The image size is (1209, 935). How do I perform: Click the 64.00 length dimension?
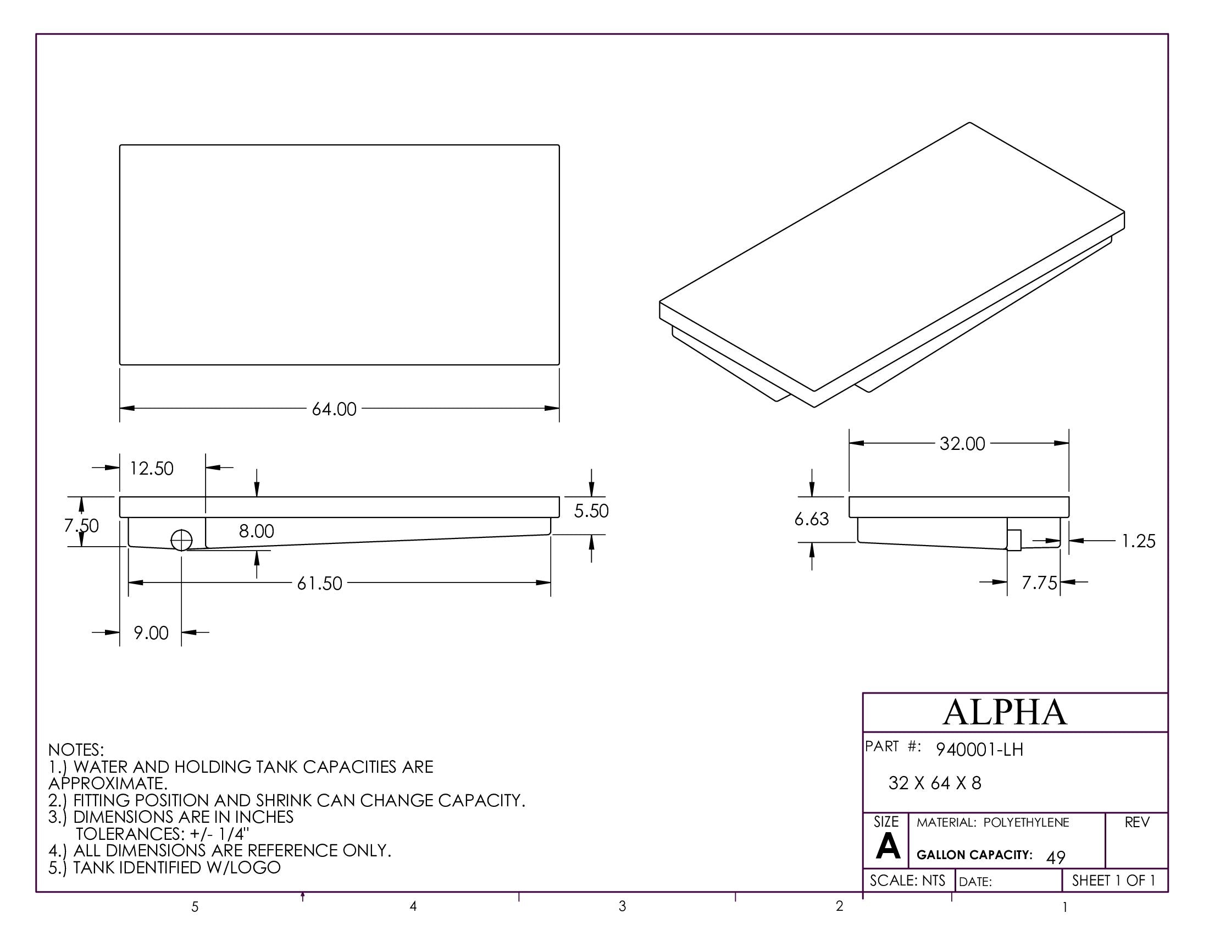334,409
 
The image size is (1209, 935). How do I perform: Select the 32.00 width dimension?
962,444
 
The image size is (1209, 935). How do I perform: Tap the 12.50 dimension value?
151,469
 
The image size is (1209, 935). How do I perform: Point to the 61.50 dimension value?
319,583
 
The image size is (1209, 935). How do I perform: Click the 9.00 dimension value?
151,632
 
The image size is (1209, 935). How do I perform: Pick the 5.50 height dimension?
591,511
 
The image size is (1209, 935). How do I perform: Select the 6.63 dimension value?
812,519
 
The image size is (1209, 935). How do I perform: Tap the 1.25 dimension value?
1138,541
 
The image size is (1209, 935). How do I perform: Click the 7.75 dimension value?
1039,582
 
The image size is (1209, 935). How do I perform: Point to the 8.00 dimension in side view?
256,531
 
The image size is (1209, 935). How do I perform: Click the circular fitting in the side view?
181,540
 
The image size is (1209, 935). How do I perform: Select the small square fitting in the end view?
1013,540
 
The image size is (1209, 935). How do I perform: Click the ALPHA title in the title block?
1004,712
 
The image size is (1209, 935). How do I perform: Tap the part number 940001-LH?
979,750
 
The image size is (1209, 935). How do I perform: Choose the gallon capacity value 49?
1056,857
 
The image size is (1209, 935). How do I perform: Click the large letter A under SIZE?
888,847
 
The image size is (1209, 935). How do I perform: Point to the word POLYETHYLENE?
1026,823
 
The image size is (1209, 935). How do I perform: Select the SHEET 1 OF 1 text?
1113,880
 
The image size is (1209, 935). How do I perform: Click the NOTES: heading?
76,750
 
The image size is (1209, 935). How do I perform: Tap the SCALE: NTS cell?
907,880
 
